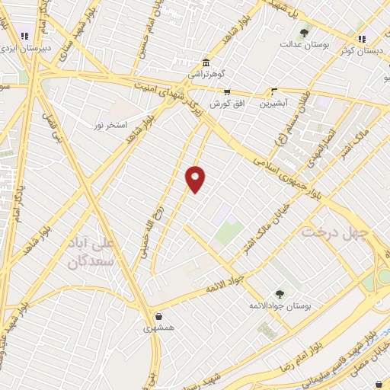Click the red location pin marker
(x=196, y=178)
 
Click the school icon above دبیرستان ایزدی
(x=25, y=35)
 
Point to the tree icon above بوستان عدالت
(x=305, y=33)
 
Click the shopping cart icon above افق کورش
(x=227, y=91)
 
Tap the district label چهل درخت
(x=335, y=231)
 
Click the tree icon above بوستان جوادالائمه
(x=280, y=293)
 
